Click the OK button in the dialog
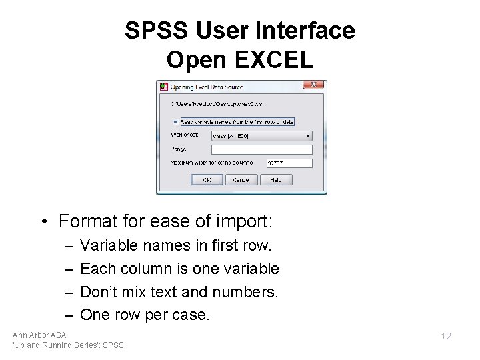click(x=207, y=180)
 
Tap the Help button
click(x=276, y=180)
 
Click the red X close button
click(x=314, y=85)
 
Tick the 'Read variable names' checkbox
click(x=175, y=122)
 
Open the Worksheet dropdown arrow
click(x=308, y=135)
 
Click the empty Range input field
click(x=261, y=149)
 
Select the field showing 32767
click(x=289, y=163)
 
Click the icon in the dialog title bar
click(x=163, y=86)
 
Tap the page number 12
click(x=445, y=336)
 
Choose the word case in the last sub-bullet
click(x=191, y=315)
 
